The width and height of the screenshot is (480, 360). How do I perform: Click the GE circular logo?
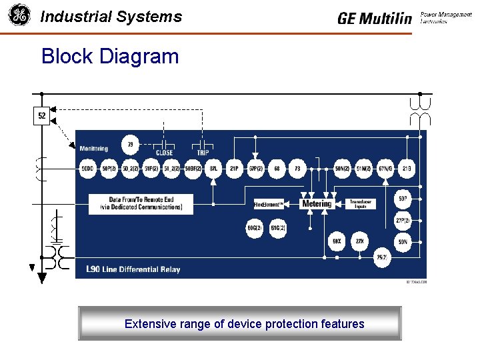(19, 15)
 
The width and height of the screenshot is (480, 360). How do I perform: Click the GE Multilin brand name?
(375, 18)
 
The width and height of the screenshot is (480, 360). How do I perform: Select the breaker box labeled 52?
(42, 116)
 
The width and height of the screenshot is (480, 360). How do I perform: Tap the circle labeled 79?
(130, 144)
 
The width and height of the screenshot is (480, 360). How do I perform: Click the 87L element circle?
(213, 169)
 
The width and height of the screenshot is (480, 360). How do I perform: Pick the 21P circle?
(234, 169)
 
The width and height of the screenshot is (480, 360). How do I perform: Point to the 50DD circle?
(88, 169)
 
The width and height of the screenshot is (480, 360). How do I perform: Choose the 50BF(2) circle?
(193, 169)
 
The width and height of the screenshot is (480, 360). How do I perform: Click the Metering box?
(316, 203)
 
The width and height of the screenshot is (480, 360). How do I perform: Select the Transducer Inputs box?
(359, 204)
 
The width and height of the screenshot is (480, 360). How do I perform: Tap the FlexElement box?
(269, 204)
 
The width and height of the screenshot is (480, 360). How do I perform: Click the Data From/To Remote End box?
(141, 204)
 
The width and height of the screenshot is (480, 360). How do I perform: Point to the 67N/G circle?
(385, 169)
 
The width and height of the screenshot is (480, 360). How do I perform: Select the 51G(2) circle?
(278, 229)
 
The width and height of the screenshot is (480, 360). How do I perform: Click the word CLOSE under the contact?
(164, 153)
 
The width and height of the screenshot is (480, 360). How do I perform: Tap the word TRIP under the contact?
(202, 153)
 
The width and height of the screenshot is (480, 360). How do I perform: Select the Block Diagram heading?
(110, 56)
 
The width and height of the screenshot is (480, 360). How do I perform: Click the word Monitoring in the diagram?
(93, 148)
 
